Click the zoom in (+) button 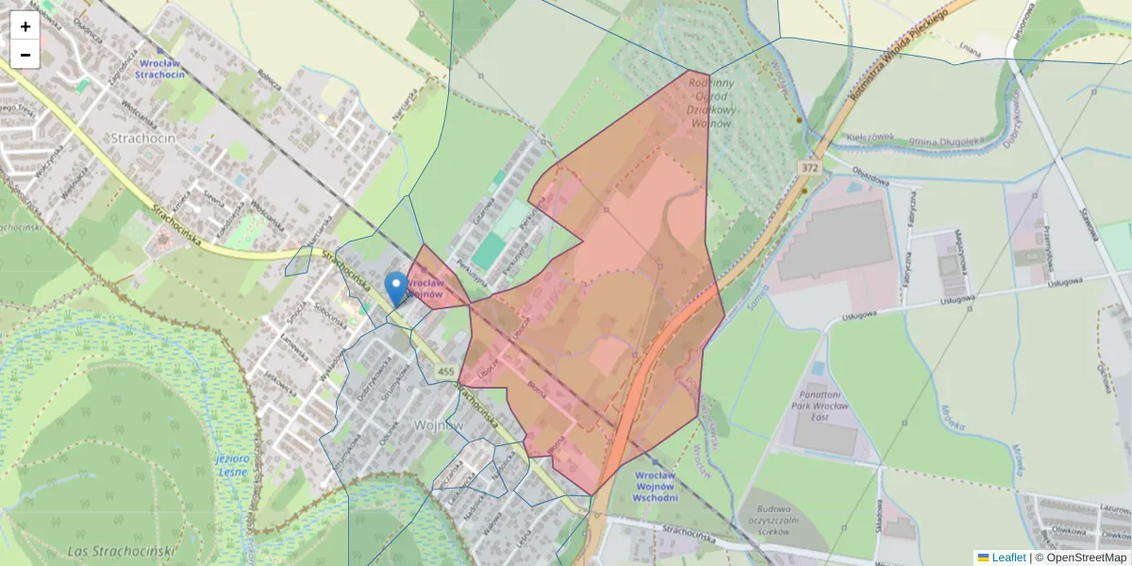click(25, 26)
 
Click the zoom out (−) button click(25, 55)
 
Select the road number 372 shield click(808, 167)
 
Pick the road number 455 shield click(446, 373)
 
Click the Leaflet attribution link click(1007, 558)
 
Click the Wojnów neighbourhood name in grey click(439, 425)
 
